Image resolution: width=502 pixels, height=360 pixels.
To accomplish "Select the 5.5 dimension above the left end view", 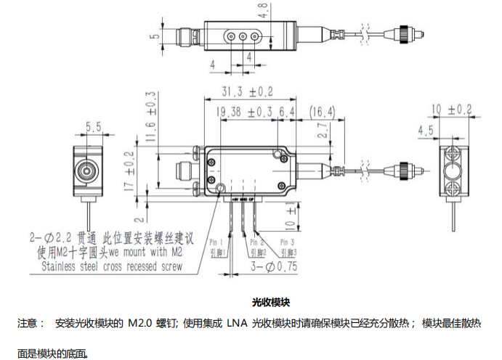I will point(94,126).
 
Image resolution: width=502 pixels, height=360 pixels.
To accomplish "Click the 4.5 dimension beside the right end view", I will point(426,131).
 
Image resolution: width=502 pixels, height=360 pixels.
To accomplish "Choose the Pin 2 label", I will point(257,241).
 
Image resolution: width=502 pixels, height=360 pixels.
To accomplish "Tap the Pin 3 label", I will point(288,241).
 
